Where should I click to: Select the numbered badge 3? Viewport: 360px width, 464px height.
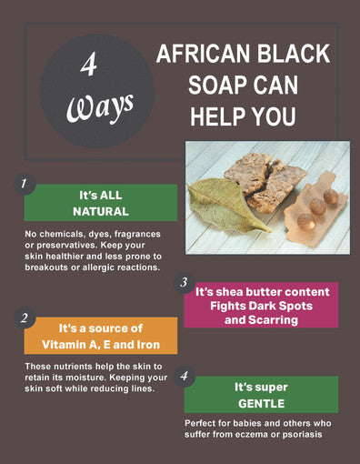click(x=183, y=282)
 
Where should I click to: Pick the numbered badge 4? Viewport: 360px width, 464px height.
click(x=184, y=375)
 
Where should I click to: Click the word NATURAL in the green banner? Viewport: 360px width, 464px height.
click(x=100, y=211)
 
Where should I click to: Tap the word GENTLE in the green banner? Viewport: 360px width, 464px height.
click(x=261, y=402)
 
